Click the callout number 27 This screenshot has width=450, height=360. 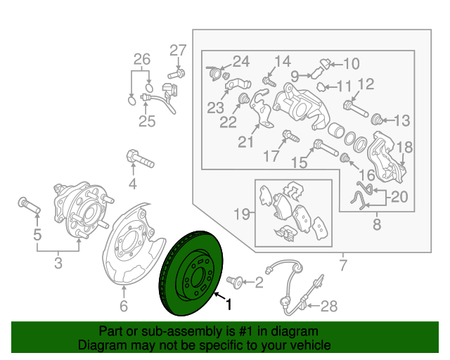[178, 50]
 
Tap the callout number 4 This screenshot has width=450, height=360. [131, 184]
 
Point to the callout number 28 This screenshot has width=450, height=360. [329, 306]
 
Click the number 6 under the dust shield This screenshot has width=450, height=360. [124, 306]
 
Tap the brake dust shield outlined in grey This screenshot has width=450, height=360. [130, 246]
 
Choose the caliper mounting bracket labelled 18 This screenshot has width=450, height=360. [385, 155]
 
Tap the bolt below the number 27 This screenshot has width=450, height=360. [175, 72]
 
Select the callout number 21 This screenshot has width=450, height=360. [245, 142]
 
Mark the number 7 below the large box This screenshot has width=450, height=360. [343, 265]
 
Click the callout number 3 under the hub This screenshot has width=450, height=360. [58, 263]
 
